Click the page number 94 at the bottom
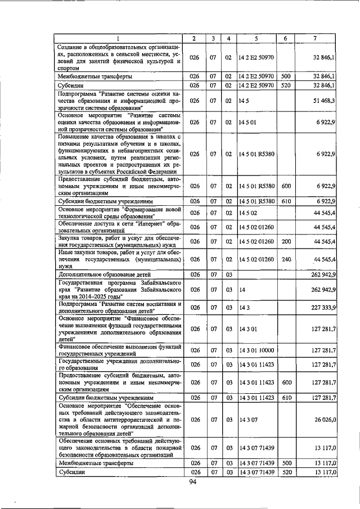[x=193, y=482]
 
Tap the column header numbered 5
[x=256, y=38]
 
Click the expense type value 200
[x=285, y=241]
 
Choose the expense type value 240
[x=285, y=259]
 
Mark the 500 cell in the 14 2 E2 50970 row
[x=285, y=75]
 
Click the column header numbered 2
[x=193, y=38]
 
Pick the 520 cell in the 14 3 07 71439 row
[x=285, y=472]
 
